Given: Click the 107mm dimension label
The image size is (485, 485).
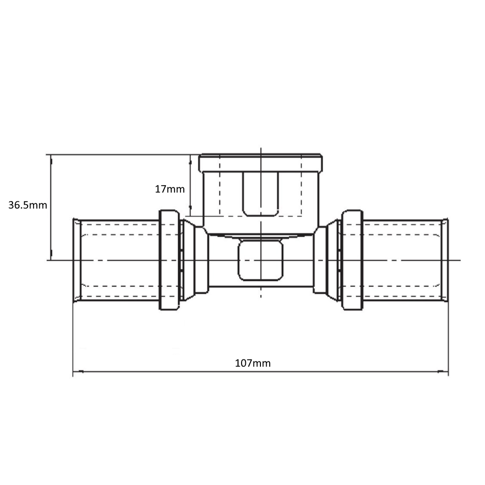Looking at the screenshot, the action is tap(253, 363).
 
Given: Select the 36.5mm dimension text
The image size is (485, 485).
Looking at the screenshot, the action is tap(28, 205).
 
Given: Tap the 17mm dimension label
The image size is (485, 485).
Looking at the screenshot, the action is tap(169, 189).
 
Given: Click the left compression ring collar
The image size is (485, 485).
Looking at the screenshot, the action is tap(169, 260).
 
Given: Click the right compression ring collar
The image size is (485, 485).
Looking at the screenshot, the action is tap(352, 260).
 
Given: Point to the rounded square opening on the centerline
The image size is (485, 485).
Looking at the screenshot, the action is tap(260, 260).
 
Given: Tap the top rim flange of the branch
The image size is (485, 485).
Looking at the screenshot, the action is tap(260, 163).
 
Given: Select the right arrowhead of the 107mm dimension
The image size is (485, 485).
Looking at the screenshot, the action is tap(443, 372).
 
